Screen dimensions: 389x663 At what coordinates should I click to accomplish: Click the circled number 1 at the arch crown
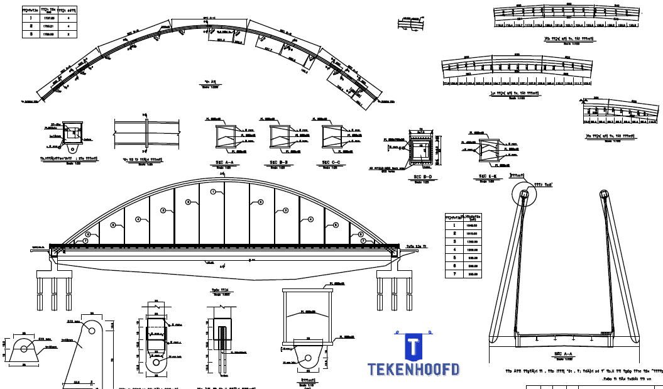213,191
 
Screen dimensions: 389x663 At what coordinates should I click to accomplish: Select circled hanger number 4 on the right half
310,219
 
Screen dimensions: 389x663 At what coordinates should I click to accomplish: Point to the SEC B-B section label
278,162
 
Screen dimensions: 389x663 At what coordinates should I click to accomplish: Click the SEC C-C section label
331,162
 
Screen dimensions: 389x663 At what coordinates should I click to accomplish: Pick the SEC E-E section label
488,176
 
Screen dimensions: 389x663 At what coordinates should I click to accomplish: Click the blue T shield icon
413,347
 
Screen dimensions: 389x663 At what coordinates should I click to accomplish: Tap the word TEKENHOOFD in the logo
414,370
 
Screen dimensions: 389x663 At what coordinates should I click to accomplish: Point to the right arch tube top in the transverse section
605,194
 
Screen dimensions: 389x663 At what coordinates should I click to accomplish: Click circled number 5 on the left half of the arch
113,225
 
